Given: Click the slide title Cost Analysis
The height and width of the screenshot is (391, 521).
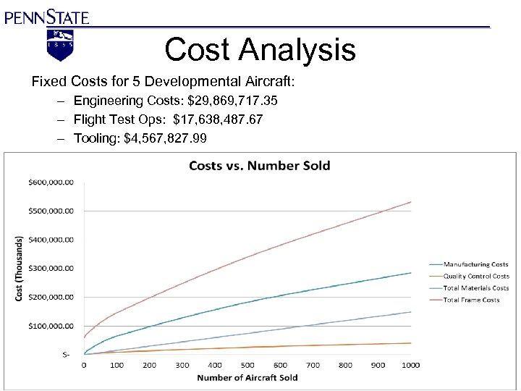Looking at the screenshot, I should tap(260, 50).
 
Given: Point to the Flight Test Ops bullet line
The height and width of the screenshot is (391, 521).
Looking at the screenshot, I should tap(168, 119).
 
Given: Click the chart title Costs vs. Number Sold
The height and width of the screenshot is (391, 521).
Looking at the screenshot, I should tap(259, 166).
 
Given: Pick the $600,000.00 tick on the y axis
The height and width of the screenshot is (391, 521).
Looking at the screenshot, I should tap(51, 182).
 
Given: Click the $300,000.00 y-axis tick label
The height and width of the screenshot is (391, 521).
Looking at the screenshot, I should tap(51, 269).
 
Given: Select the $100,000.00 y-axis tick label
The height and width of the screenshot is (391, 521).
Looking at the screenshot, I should tap(51, 326).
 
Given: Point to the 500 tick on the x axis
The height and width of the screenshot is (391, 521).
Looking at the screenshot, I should tap(247, 366).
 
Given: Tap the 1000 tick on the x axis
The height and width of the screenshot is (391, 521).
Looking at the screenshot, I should tap(410, 366).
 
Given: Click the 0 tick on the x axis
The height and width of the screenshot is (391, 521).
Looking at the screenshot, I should tap(84, 366).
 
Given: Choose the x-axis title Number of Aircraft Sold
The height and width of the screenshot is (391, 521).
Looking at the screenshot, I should tap(247, 377).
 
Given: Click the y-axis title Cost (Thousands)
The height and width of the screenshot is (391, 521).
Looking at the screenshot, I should tap(20, 267).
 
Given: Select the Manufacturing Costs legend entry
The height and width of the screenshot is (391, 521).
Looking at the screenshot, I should tap(475, 265).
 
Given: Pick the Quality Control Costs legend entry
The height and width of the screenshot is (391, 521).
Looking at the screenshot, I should tap(476, 277).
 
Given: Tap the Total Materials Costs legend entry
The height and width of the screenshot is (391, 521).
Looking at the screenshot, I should tap(476, 288).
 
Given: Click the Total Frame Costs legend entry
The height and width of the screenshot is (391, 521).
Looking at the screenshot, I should tap(471, 300).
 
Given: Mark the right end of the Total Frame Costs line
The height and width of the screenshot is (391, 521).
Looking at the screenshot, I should tap(410, 202).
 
